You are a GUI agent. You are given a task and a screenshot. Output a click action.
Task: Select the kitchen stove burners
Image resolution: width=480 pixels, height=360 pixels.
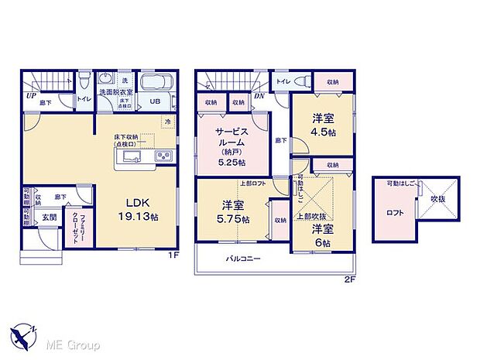pyautogui.click(x=165, y=158)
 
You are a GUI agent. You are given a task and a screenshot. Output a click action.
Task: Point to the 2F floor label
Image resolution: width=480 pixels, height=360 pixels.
pyautogui.click(x=349, y=279)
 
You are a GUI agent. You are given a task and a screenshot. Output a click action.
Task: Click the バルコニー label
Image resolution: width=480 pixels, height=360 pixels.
pyautogui.click(x=243, y=259)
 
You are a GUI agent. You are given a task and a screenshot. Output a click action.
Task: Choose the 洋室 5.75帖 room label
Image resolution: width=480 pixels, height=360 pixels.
pyautogui.click(x=234, y=211)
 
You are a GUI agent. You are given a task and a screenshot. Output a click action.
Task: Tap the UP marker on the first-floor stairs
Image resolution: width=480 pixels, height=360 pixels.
pyautogui.click(x=31, y=97)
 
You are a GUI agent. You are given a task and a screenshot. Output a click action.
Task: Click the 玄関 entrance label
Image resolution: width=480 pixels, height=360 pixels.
pyautogui.click(x=49, y=217)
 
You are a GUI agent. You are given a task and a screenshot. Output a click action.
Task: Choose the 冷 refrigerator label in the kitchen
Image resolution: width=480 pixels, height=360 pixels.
pyautogui.click(x=167, y=122)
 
